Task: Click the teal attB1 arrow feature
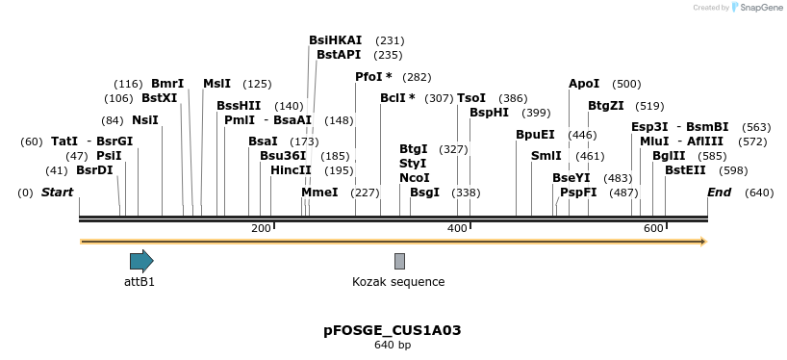click(x=141, y=260)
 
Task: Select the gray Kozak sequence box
click(x=399, y=261)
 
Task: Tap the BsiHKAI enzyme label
click(x=335, y=40)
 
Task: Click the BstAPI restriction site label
click(x=339, y=55)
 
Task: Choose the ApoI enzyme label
click(x=584, y=84)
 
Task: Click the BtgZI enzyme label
click(x=606, y=106)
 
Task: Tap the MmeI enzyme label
click(x=319, y=193)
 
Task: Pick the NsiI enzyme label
click(x=144, y=120)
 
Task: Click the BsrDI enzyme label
click(x=94, y=170)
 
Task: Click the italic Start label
click(x=57, y=193)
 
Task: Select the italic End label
click(x=719, y=193)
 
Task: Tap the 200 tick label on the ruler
click(x=261, y=228)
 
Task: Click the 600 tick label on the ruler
click(x=653, y=228)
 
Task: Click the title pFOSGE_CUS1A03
click(x=393, y=330)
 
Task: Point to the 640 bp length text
click(x=393, y=345)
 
